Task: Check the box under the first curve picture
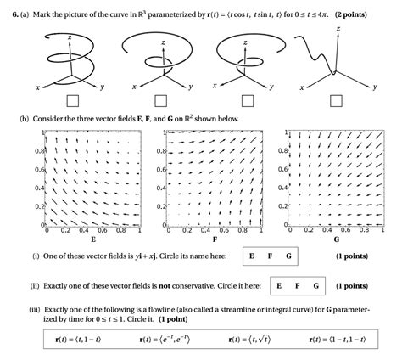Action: pos(73,101)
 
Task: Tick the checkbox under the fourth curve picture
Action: pos(338,101)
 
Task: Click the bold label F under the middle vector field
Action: pos(214,239)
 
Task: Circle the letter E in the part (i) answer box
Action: pos(252,256)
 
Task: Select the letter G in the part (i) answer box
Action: pos(288,256)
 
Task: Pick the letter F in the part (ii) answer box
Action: pos(299,285)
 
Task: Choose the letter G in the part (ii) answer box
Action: pos(317,285)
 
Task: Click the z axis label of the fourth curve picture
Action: pos(338,28)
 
